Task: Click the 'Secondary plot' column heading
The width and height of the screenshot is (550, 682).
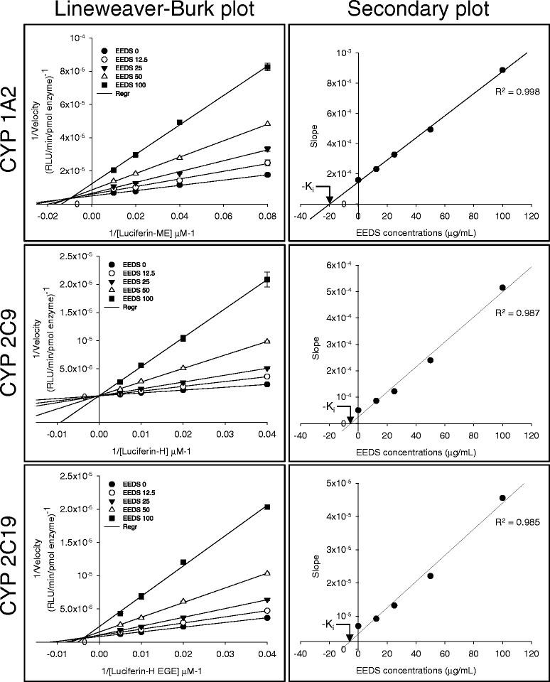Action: click(419, 11)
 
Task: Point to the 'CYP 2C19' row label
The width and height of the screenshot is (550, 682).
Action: click(12, 570)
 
